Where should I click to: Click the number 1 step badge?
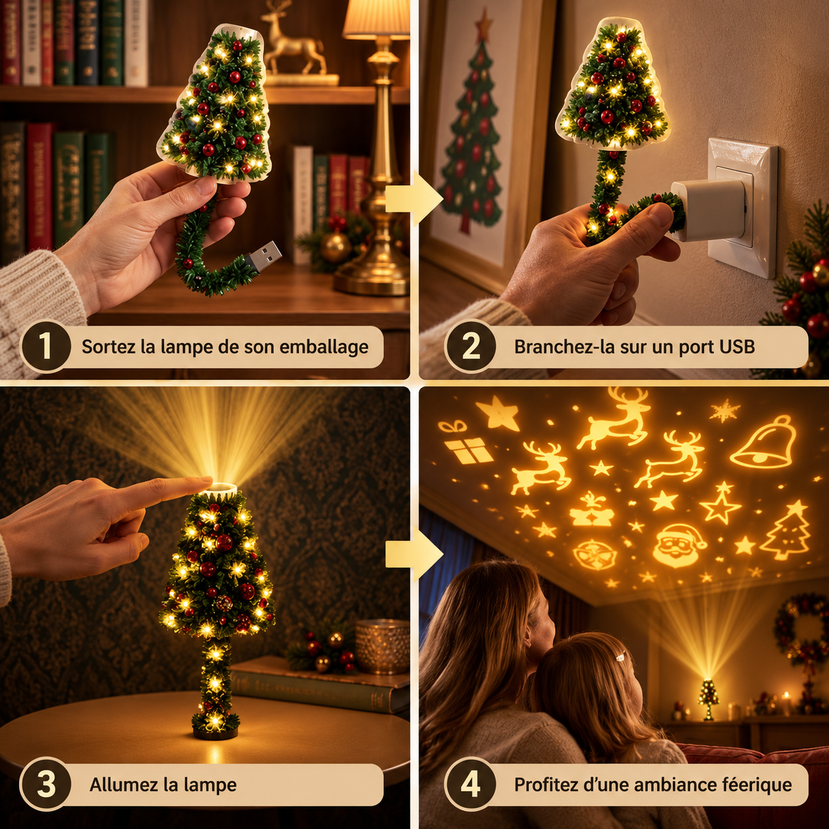pos(46,346)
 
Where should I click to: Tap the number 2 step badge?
pos(470,346)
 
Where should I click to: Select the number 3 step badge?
pos(46,784)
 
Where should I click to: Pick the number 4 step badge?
pos(470,784)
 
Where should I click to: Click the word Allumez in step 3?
pos(124,784)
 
